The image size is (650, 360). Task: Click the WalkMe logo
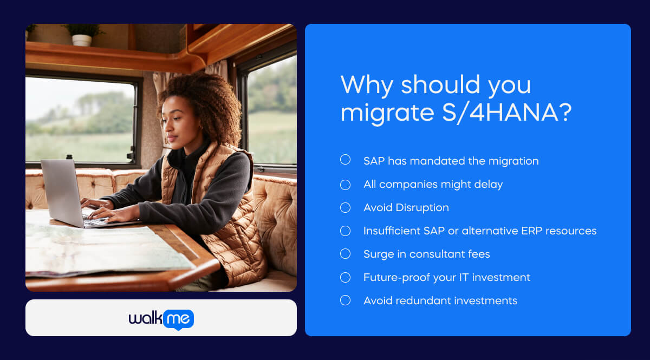point(161,319)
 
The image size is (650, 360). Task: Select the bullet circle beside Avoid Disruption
point(345,208)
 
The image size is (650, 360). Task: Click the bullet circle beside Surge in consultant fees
point(345,254)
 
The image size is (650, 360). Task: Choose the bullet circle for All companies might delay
point(345,185)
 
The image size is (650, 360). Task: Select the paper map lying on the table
point(97,249)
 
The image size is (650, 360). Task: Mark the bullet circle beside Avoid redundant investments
point(345,300)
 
